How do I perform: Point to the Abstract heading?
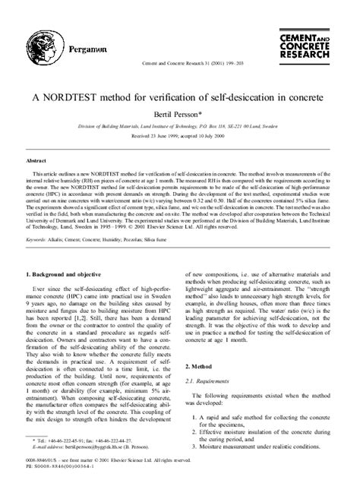tap(37, 162)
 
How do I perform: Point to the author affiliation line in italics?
tap(180, 124)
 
